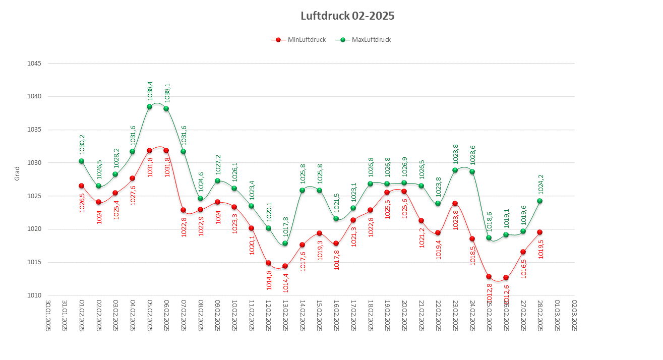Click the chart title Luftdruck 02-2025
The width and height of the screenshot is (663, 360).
tap(347, 16)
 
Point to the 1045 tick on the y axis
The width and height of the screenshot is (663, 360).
tap(34, 64)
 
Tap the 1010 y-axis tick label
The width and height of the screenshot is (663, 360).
tap(34, 295)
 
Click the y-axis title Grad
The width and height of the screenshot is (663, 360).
tap(17, 174)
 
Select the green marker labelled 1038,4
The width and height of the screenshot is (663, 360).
tap(149, 107)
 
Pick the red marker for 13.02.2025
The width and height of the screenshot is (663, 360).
tap(285, 266)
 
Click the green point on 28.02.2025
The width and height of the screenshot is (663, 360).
tap(539, 201)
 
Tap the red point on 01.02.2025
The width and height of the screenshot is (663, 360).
tap(81, 186)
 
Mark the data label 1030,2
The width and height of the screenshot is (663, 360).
tap(82, 144)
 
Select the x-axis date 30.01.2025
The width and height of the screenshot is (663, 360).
tap(48, 316)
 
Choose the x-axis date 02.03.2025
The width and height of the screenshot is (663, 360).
tap(574, 316)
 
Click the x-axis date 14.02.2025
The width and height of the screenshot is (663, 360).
tap(303, 316)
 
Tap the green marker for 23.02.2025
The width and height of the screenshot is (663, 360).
tap(455, 170)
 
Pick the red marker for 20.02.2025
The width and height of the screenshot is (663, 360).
tap(404, 191)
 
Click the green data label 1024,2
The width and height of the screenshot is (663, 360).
tap(540, 184)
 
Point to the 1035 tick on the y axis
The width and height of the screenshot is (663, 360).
tap(34, 130)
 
